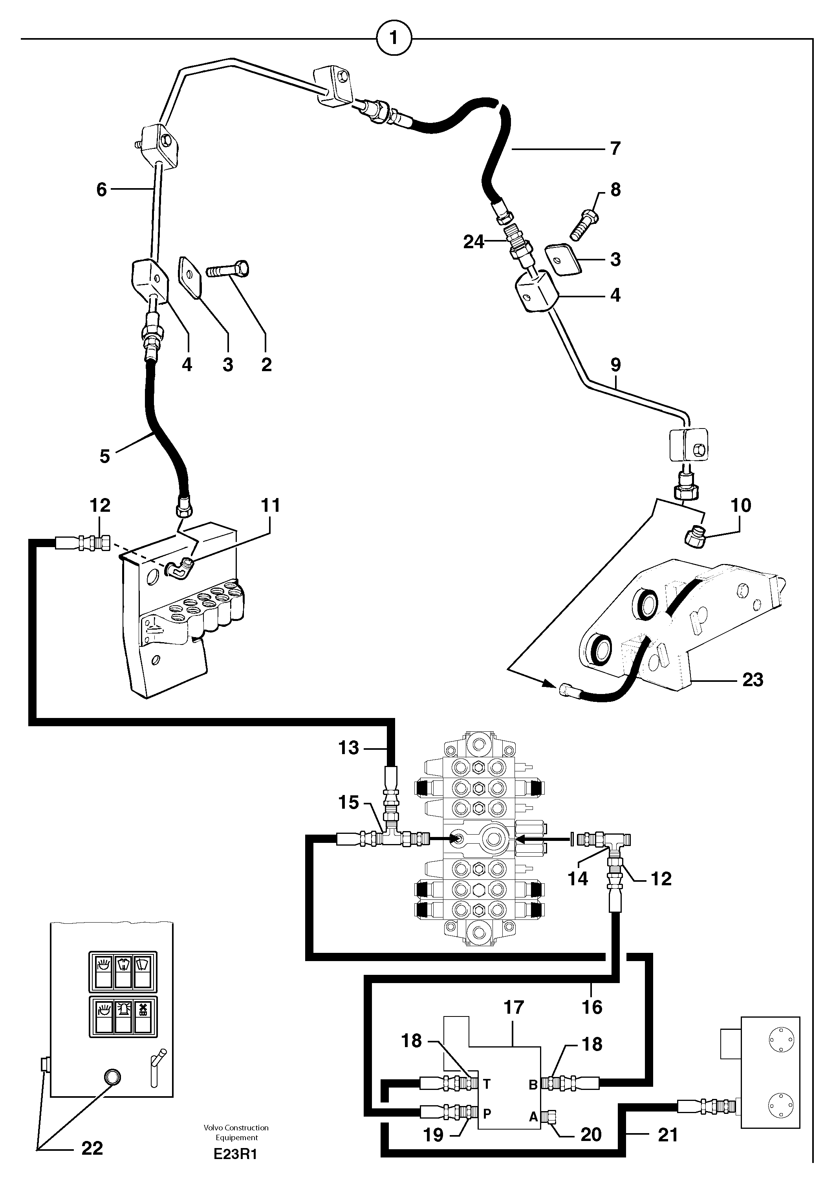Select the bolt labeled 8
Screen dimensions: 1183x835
click(584, 223)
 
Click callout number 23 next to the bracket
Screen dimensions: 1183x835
click(752, 679)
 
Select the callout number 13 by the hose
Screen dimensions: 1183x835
click(348, 747)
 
